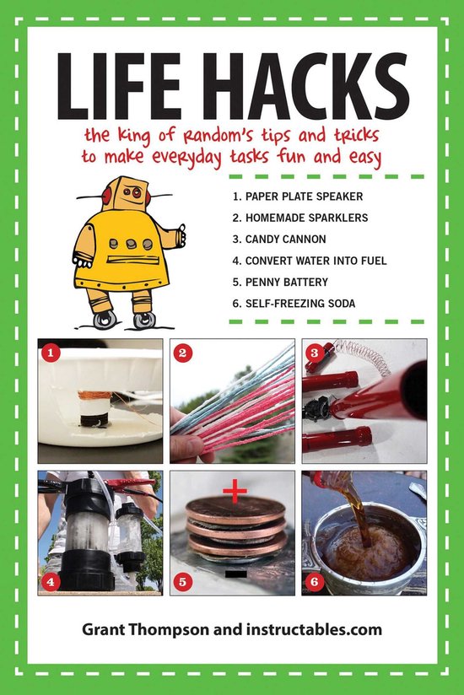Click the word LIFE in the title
pos(119,86)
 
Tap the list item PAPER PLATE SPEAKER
pos(297,197)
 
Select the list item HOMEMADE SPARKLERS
pos(300,218)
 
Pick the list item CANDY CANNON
pos(278,239)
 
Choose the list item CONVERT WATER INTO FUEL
pos(310,261)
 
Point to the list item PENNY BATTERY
pos(280,282)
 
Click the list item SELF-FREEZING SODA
pos(294,303)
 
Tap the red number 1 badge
pos(50,353)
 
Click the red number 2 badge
pos(182,353)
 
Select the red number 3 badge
pos(315,353)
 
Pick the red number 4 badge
pos(50,581)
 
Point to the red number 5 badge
pos(182,581)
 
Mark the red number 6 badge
pos(315,581)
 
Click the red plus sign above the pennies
pos(235,491)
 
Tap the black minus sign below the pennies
pos(235,574)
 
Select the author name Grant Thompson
pos(146,629)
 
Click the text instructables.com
pos(314,629)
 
